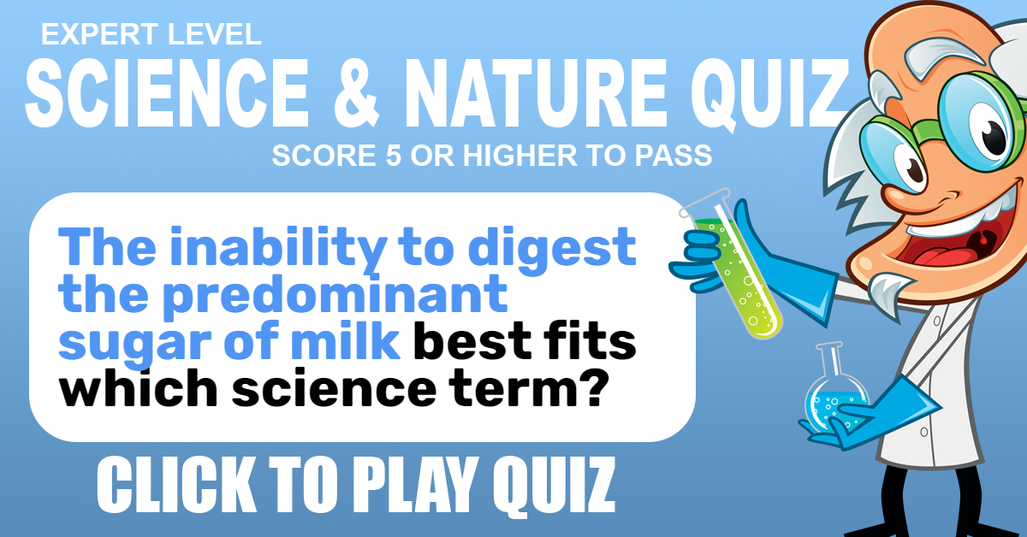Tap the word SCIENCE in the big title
[x=168, y=92]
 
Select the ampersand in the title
[x=357, y=92]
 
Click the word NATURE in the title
[x=535, y=92]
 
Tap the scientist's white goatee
[x=888, y=290]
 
